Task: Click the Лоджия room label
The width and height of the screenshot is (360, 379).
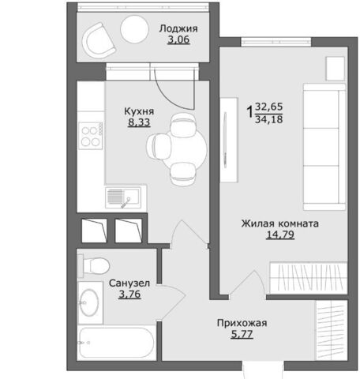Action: click(178, 28)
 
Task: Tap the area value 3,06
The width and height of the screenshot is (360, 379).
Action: click(178, 39)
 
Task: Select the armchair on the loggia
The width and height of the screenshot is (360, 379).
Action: click(98, 41)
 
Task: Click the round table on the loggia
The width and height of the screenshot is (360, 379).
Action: click(134, 29)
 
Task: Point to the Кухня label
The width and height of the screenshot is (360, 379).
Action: click(139, 111)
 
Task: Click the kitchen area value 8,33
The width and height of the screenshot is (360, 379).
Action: click(139, 122)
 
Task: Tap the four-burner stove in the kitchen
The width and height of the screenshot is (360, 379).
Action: click(91, 136)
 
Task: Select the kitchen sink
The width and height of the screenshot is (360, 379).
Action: click(123, 197)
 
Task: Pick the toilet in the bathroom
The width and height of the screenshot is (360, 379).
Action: click(94, 265)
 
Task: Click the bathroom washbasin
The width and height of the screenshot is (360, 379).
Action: click(89, 302)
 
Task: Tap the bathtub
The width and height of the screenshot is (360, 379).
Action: click(117, 343)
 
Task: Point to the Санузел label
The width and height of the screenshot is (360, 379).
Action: click(129, 283)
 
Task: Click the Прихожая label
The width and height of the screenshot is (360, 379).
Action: click(242, 323)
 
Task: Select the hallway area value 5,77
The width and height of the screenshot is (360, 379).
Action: click(242, 334)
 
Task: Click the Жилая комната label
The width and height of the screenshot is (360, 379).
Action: click(280, 223)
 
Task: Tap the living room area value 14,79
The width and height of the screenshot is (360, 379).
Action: click(280, 235)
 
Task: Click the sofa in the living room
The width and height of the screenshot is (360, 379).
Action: click(324, 147)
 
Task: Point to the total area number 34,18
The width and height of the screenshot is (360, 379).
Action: click(269, 119)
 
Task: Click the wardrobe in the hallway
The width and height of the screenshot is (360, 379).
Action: click(332, 330)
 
